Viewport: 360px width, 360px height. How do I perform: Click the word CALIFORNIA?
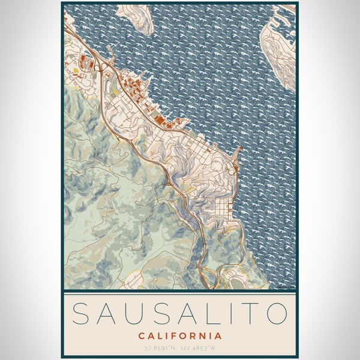pos(179,335)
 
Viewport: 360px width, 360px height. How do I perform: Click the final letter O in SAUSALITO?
pos(277,314)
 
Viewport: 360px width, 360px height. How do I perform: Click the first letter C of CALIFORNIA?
pos(141,335)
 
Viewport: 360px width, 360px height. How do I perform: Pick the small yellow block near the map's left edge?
pos(78,71)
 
